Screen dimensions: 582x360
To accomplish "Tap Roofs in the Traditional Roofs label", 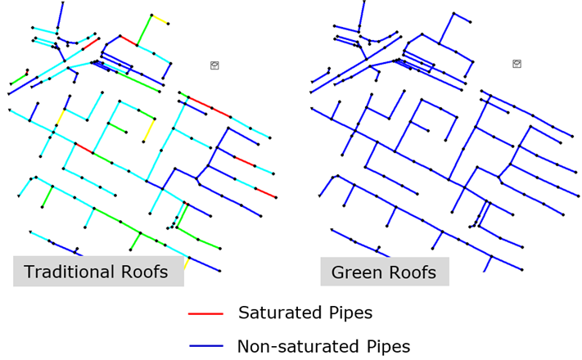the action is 140,272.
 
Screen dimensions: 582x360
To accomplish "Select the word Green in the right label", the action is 353,272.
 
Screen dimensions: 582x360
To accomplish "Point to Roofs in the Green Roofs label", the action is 408,272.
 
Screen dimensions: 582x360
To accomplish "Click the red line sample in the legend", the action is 205,314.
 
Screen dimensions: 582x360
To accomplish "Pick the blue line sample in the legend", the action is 206,346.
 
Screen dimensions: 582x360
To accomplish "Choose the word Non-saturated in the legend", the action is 298,346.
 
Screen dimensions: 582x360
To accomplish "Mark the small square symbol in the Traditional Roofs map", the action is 214,65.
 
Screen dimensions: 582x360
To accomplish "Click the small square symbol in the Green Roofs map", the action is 517,64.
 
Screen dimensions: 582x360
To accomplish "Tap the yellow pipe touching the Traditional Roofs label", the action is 187,263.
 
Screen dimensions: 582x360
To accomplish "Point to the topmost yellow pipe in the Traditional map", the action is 160,20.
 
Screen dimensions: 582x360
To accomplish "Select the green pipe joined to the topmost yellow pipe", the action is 144,30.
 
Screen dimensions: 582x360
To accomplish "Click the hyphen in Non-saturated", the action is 275,348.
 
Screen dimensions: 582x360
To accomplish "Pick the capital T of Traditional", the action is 29,272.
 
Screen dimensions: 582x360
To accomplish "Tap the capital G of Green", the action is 338,272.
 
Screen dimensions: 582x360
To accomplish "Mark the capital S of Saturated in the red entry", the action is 243,313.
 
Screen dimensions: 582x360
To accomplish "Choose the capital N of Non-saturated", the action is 243,346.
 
